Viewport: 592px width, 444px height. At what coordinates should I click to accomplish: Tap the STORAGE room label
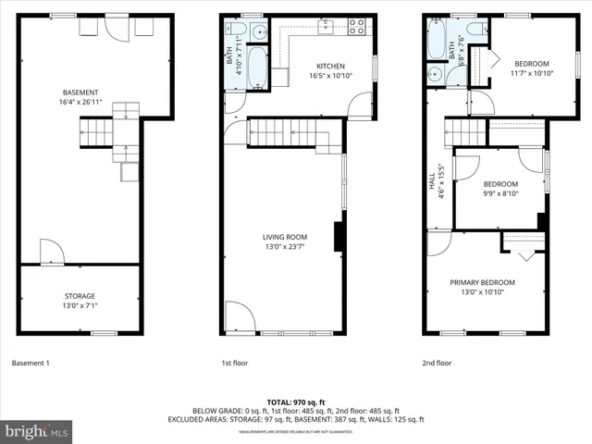(80, 296)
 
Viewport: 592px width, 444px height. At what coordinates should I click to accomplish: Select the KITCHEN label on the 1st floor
(330, 66)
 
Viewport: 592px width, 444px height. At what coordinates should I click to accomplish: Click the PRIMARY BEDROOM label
(482, 282)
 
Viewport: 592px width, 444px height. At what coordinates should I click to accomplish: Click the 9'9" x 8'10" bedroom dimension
(500, 192)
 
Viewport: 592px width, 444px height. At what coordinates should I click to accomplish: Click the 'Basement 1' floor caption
(31, 363)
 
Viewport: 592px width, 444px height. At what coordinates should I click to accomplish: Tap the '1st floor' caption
(234, 363)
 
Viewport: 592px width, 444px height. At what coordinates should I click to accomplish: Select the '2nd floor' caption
(437, 363)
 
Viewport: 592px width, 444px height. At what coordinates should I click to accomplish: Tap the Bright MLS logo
(37, 431)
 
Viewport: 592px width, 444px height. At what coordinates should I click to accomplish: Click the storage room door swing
(52, 253)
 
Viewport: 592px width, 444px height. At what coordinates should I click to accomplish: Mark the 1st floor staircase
(286, 134)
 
